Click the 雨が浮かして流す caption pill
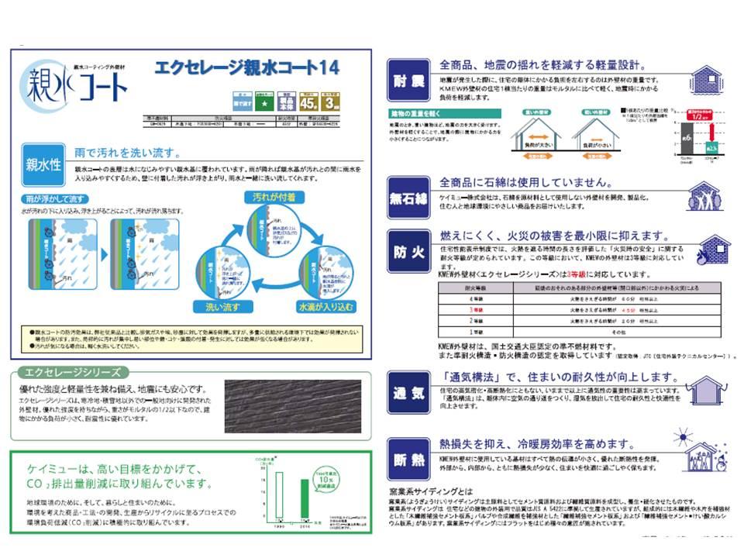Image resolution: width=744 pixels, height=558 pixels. coord(57,199)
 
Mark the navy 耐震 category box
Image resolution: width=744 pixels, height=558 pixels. coord(408,79)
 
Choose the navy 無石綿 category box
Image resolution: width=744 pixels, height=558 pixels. coord(408,198)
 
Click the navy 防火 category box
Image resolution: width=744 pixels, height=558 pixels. coord(408,251)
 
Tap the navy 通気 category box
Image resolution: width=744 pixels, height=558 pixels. coord(408,392)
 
